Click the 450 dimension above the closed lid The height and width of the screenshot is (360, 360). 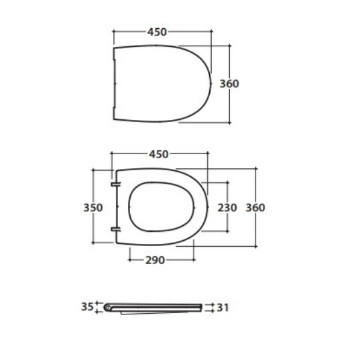pyautogui.click(x=157, y=32)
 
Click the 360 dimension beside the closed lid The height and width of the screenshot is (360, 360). pyautogui.click(x=229, y=84)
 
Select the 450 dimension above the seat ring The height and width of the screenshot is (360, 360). pyautogui.click(x=159, y=154)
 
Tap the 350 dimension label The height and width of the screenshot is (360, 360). pyautogui.click(x=93, y=208)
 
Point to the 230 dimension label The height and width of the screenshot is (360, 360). pyautogui.click(x=227, y=208)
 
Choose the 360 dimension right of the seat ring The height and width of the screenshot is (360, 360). pyautogui.click(x=255, y=208)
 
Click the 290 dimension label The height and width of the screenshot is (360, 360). pyautogui.click(x=155, y=260)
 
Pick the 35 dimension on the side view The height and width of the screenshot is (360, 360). pyautogui.click(x=87, y=307)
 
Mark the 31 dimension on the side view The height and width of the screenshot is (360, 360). pyautogui.click(x=223, y=308)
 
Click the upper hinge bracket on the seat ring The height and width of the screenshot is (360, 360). pyautogui.click(x=115, y=184)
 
